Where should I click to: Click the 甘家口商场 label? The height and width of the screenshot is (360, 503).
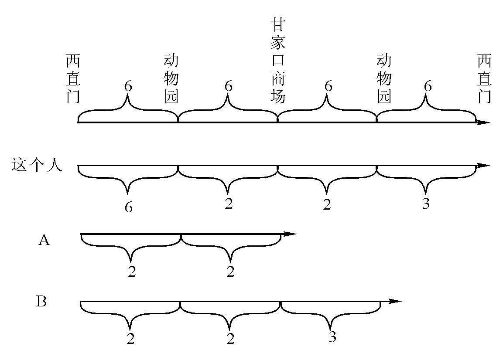[278, 60]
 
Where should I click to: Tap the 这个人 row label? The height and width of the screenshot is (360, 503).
[37, 166]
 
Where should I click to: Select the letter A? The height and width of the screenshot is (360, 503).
[44, 240]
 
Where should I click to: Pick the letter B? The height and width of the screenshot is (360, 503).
[41, 302]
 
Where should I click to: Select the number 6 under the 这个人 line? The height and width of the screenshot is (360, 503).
[128, 207]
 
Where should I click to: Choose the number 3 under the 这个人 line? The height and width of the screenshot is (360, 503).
[426, 204]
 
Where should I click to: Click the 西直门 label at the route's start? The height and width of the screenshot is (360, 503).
[73, 78]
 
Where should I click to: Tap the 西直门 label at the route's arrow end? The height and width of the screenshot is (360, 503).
[484, 78]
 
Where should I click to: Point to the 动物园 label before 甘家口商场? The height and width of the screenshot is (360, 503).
[171, 78]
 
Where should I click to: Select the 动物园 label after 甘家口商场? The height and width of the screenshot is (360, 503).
[384, 78]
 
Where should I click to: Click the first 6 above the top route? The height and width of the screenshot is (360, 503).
[128, 86]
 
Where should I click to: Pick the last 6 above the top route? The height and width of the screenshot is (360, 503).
[428, 86]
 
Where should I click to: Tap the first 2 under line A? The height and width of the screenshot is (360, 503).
[132, 272]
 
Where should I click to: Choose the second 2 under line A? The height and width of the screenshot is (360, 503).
[230, 272]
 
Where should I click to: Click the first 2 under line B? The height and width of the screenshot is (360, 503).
[131, 338]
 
